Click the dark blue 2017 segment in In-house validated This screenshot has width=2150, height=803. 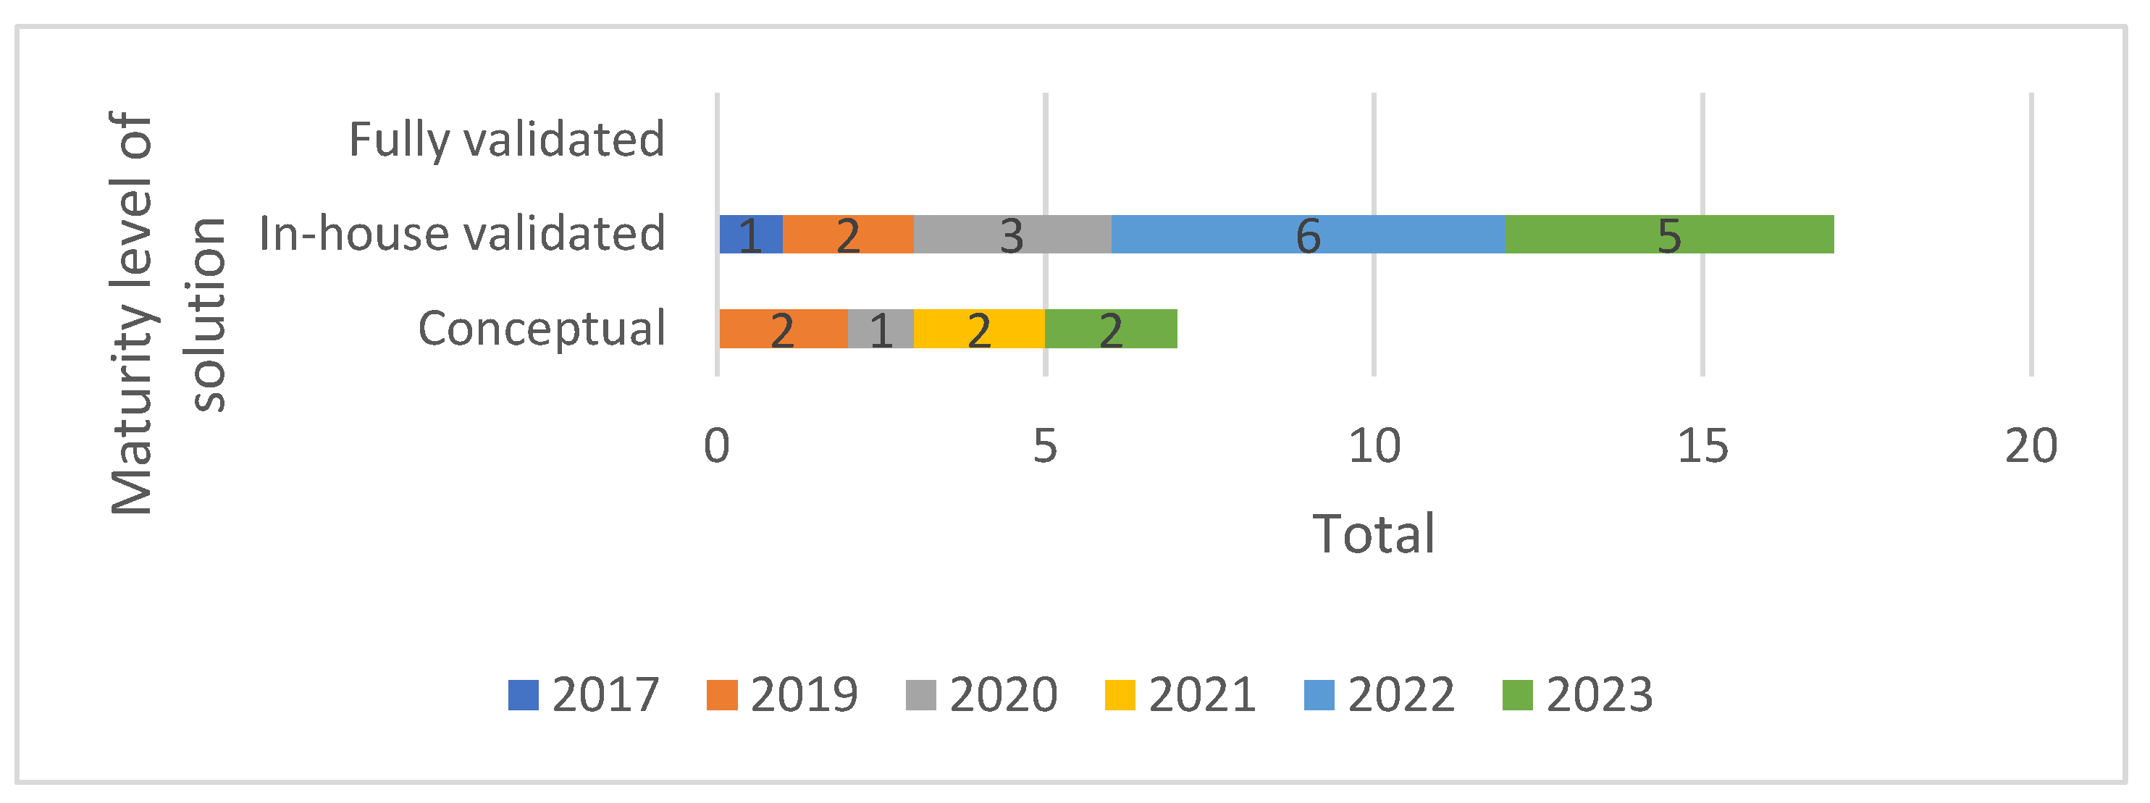tap(750, 234)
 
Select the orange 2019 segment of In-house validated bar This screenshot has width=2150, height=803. tap(848, 234)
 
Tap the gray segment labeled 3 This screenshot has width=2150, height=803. tap(1012, 234)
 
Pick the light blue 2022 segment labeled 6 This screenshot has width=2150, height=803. tap(1308, 234)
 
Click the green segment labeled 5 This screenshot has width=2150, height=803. tap(1669, 234)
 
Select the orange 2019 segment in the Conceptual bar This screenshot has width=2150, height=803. tap(783, 329)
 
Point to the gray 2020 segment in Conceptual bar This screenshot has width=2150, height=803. tap(881, 329)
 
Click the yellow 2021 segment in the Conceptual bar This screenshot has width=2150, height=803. tap(979, 329)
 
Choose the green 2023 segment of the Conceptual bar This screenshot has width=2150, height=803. tap(1111, 329)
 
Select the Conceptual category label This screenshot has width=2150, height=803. tap(542, 328)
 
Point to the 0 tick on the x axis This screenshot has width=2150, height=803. tap(717, 446)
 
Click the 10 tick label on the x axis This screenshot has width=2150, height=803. tap(1374, 446)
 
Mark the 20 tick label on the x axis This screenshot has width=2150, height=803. tap(2031, 446)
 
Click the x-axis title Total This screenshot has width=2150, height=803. tap(1374, 534)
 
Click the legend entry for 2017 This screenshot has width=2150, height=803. tap(584, 694)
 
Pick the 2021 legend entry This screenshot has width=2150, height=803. tap(1181, 694)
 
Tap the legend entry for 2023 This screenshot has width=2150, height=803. tap(1577, 694)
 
